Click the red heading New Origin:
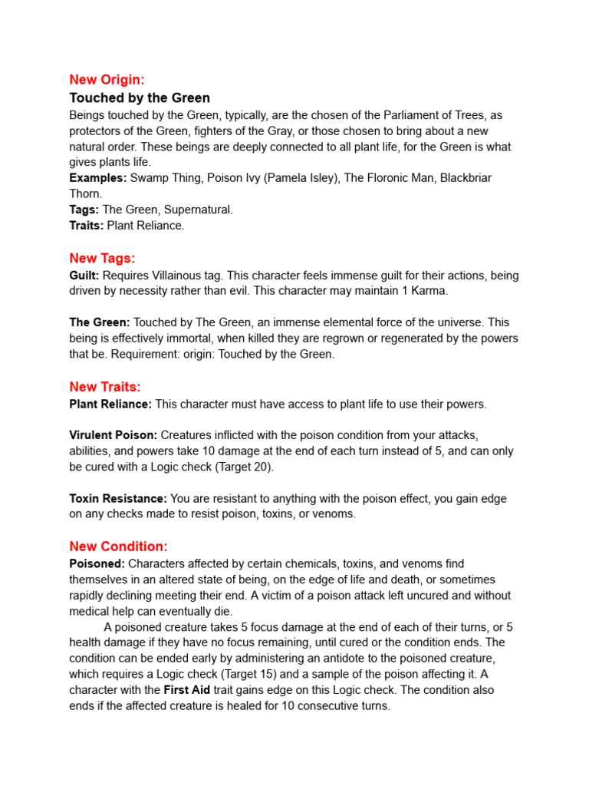tap(107, 79)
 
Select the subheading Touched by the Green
tap(140, 98)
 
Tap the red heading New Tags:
tap(102, 258)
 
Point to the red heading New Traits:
tap(105, 387)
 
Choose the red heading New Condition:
tap(118, 547)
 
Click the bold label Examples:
tap(98, 178)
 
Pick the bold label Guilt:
tap(84, 275)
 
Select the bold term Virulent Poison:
tap(114, 435)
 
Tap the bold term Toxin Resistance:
tap(118, 499)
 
